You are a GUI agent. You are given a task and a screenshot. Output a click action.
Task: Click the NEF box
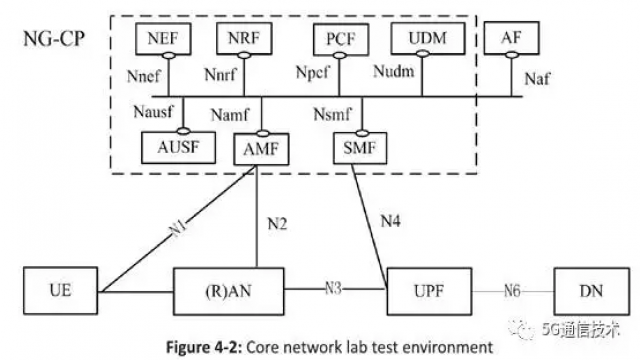(x=163, y=39)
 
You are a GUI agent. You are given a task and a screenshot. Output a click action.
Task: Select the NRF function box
(x=244, y=38)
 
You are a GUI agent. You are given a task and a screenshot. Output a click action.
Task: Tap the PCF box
(x=341, y=39)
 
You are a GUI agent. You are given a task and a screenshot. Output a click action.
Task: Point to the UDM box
(x=428, y=38)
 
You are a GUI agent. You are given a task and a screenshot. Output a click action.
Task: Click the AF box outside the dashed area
(x=511, y=38)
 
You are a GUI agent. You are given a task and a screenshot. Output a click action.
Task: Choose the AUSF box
(x=178, y=147)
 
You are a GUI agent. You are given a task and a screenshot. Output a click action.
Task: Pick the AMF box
(x=261, y=149)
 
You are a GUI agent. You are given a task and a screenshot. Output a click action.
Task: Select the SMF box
(x=360, y=148)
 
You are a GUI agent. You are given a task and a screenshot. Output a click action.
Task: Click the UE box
(x=60, y=291)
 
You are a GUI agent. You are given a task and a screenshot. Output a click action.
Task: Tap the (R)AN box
(x=229, y=291)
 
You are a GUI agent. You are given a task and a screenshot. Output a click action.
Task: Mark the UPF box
(x=429, y=291)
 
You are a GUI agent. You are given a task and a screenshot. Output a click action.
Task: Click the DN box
(x=591, y=291)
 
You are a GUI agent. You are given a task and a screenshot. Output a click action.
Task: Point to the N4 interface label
(x=391, y=221)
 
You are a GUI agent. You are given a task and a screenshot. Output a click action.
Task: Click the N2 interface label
(x=277, y=224)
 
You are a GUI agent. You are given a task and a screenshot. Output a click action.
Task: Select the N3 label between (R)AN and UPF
(x=333, y=289)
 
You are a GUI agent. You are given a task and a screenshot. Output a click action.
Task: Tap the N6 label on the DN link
(x=512, y=291)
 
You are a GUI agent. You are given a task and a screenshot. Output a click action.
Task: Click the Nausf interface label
(x=153, y=111)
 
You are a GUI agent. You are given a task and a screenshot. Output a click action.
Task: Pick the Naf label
(x=537, y=79)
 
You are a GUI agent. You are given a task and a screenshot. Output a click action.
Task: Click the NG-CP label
(x=54, y=39)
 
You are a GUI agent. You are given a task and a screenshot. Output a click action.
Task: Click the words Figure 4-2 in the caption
(x=204, y=347)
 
